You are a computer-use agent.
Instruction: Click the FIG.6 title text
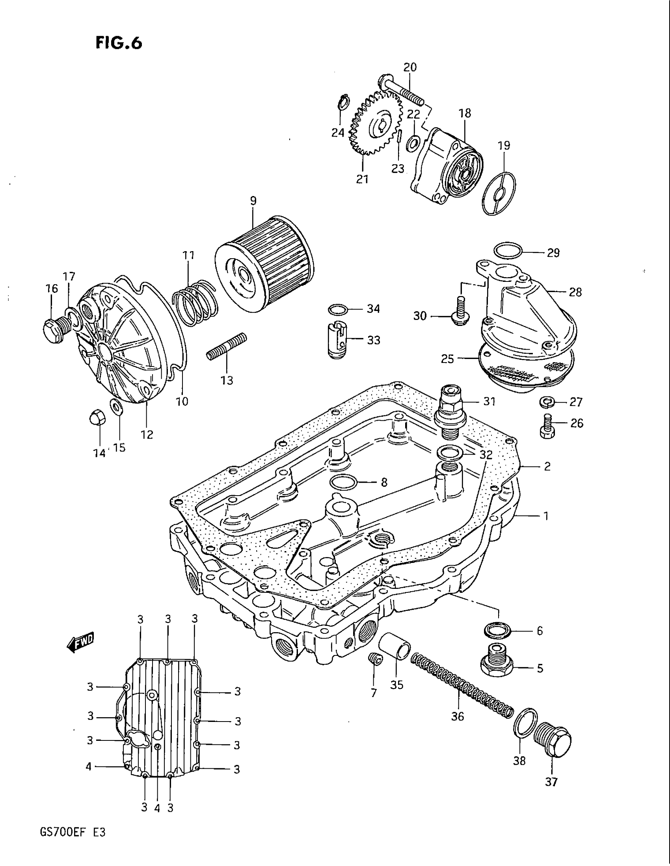coord(118,43)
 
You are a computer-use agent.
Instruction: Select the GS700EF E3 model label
coord(73,843)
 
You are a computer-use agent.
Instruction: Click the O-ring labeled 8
coord(344,482)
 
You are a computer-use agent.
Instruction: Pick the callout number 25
coord(447,359)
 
